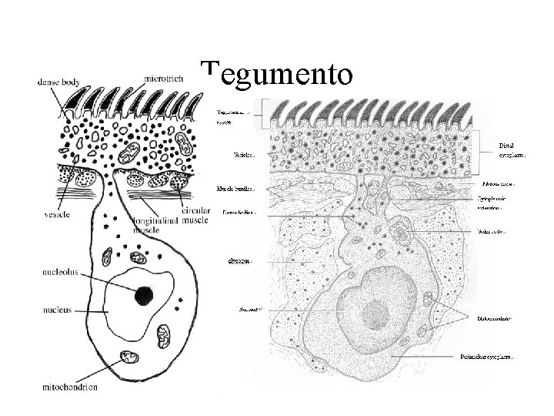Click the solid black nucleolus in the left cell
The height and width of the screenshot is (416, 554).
(143, 295)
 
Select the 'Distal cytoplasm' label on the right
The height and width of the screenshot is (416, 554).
(512, 149)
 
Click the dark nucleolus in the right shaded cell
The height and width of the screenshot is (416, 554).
(375, 311)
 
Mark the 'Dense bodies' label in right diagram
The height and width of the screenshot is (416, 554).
(239, 211)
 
